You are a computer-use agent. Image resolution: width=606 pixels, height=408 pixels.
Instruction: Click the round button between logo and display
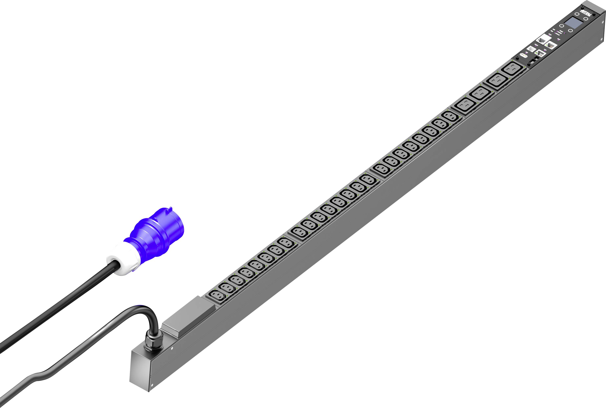pyautogui.click(x=577, y=14)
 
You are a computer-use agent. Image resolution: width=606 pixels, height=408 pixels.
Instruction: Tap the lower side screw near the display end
pyautogui.click(x=602, y=39)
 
